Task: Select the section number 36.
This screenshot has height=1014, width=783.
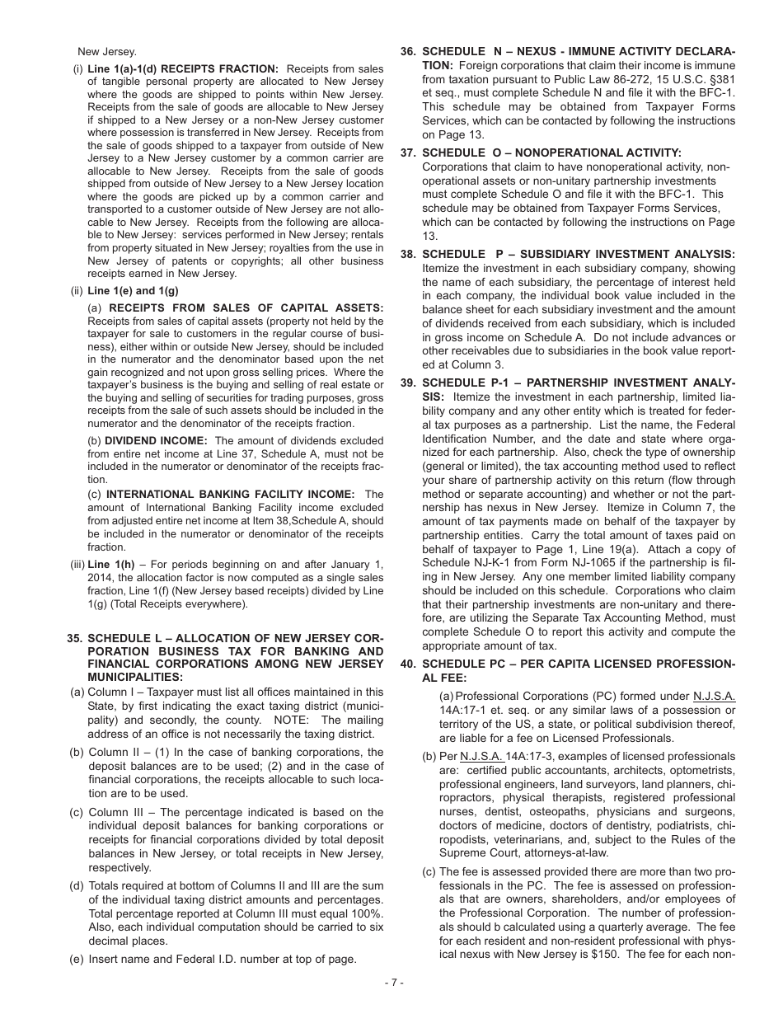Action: click(408, 51)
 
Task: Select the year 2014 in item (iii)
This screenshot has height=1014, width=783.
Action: click(103, 578)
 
